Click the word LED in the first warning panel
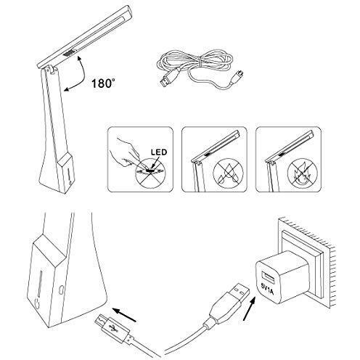coord(162,152)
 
